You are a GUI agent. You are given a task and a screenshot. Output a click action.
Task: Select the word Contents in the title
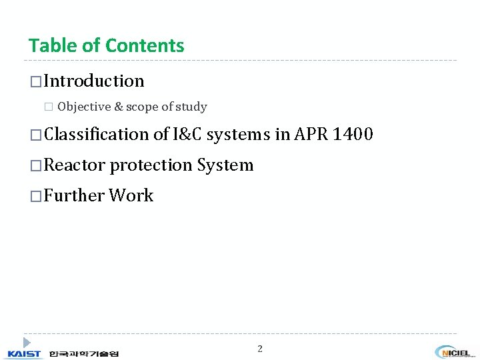pyautogui.click(x=145, y=46)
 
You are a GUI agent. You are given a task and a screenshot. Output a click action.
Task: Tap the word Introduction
pyautogui.click(x=94, y=81)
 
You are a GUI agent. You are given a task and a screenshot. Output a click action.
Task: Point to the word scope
pyautogui.click(x=141, y=107)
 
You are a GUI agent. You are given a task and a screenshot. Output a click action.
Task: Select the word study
pyautogui.click(x=191, y=107)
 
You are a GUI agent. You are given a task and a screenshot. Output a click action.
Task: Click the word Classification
pyautogui.click(x=97, y=135)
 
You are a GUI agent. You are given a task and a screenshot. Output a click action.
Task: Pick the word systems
pyautogui.click(x=238, y=135)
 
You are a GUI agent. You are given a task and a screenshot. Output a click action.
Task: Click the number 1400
pyautogui.click(x=353, y=135)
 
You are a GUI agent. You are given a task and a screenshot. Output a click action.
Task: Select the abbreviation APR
pyautogui.click(x=309, y=135)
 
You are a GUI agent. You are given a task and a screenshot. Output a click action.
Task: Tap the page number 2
pyautogui.click(x=260, y=349)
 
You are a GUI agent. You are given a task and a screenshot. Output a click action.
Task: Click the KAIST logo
pyautogui.click(x=25, y=353)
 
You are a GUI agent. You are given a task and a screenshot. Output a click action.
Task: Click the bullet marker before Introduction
pyautogui.click(x=35, y=82)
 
